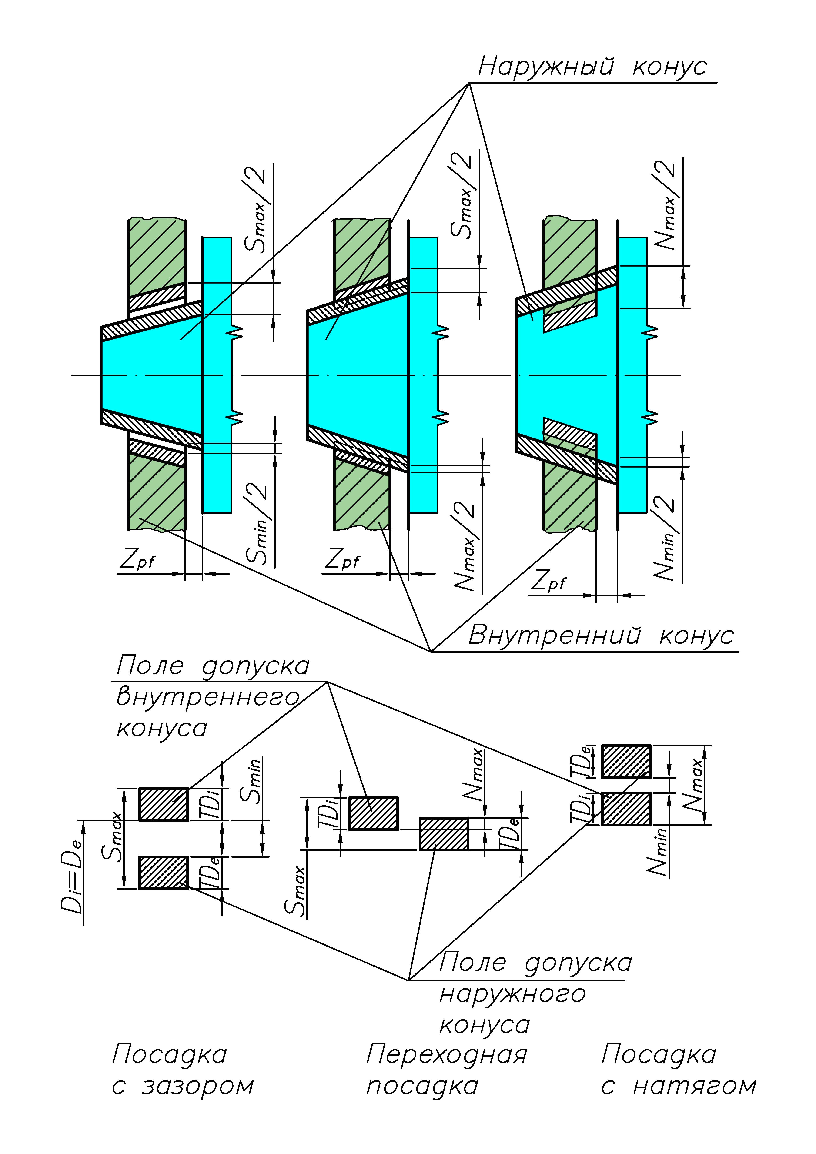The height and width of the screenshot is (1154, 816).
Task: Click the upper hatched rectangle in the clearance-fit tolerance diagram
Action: pyautogui.click(x=163, y=804)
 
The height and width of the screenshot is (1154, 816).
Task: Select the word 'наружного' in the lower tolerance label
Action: pyautogui.click(x=512, y=994)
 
